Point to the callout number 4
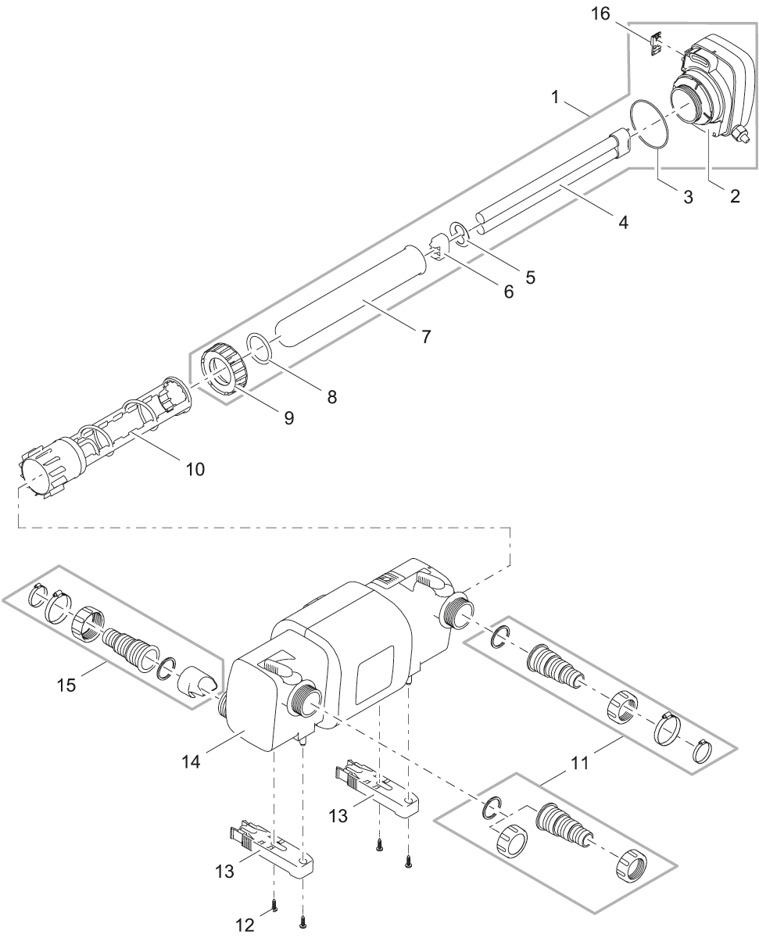pyautogui.click(x=623, y=221)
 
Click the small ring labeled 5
pyautogui.click(x=460, y=234)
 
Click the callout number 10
pyautogui.click(x=195, y=468)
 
